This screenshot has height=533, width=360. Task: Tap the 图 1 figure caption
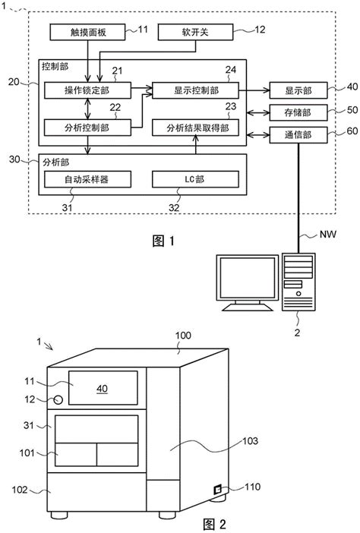[x=163, y=241]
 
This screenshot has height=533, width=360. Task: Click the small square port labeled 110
[x=218, y=490]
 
